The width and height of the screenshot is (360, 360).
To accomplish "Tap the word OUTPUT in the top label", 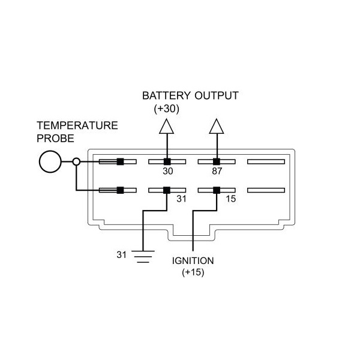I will click(x=218, y=96).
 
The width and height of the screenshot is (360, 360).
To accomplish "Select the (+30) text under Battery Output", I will click(x=166, y=109).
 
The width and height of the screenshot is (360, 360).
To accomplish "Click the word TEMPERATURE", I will click(x=77, y=126).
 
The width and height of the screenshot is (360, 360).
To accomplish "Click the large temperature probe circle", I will click(x=50, y=161).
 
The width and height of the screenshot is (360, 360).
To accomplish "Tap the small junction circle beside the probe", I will click(x=76, y=161).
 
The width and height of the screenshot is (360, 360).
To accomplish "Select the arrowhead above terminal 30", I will click(x=167, y=126).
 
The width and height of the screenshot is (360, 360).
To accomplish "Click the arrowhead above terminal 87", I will click(x=217, y=126).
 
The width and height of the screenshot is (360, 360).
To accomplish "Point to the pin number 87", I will click(x=217, y=172).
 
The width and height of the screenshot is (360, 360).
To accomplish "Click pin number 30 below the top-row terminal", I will click(x=167, y=172).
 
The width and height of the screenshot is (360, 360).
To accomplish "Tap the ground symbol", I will click(x=142, y=257).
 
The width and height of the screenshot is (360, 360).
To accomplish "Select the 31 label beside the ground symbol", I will click(x=122, y=254).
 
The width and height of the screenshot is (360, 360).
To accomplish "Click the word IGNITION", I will click(x=193, y=262).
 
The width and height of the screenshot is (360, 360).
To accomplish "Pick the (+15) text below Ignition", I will click(x=193, y=272).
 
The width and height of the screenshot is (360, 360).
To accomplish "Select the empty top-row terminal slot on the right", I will click(x=265, y=161).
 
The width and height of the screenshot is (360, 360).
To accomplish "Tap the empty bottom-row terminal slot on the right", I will click(x=265, y=190).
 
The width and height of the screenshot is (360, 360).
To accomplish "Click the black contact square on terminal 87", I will click(x=217, y=161).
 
